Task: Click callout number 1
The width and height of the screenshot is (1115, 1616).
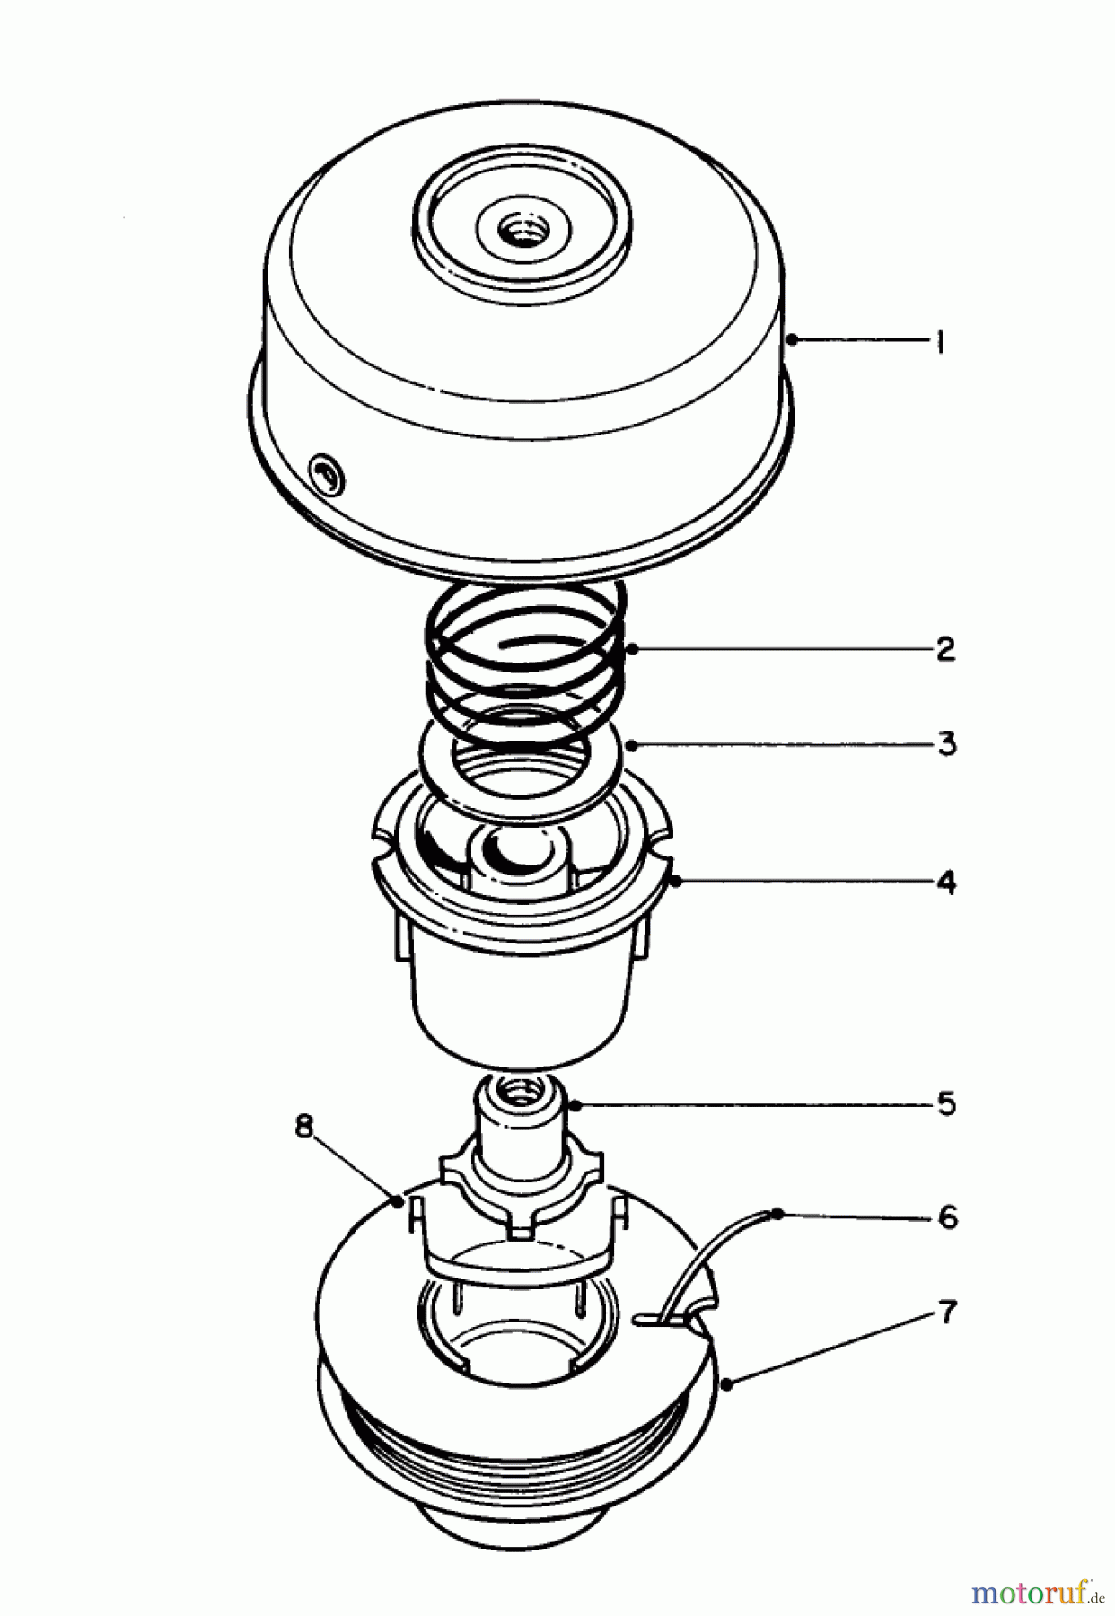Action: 939,341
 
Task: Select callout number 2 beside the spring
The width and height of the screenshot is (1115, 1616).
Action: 944,649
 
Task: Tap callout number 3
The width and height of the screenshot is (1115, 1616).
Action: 946,744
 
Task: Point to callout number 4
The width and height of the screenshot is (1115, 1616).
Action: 945,883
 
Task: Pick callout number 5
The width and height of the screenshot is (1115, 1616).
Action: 946,1103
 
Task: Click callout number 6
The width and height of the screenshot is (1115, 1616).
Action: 947,1217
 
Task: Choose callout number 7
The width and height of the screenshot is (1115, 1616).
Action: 948,1313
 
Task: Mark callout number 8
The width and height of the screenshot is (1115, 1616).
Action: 305,1127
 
